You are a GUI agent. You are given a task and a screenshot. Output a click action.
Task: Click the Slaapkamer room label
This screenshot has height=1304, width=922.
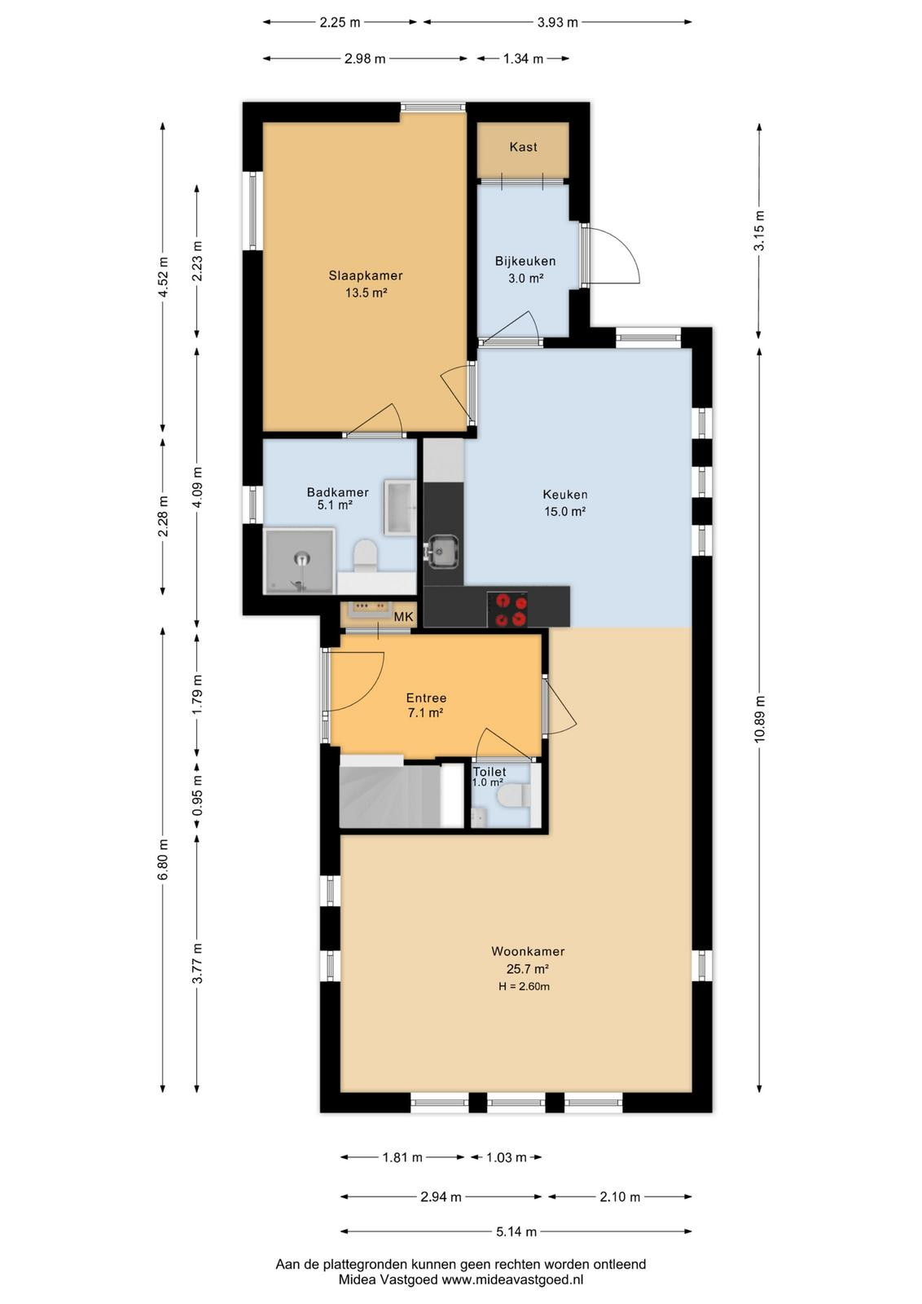coord(366,275)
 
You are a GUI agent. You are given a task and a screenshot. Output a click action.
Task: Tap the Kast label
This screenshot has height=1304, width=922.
coord(523,147)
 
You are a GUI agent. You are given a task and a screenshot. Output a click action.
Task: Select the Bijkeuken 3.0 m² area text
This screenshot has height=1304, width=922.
coord(525,278)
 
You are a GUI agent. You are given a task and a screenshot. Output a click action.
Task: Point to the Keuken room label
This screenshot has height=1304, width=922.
coord(564,494)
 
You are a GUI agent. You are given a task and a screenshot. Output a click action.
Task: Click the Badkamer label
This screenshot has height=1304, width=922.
coord(337,492)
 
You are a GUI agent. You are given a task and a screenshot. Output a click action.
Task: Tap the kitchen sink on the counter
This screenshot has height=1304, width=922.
coord(443,550)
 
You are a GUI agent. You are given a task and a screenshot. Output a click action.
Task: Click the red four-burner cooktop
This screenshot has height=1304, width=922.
coord(507,608)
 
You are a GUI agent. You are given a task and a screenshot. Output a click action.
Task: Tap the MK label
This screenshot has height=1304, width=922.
coord(404,616)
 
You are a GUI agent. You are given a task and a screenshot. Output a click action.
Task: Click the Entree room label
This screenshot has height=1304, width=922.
coord(426,698)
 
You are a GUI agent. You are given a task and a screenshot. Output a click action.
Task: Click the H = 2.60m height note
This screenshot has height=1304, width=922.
coord(524,986)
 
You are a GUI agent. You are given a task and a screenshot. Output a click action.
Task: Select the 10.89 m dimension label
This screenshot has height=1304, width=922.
coord(760,719)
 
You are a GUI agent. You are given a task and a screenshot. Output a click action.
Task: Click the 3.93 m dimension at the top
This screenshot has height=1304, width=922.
coord(556,23)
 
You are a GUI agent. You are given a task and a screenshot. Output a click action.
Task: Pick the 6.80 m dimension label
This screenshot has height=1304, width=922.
coord(163,860)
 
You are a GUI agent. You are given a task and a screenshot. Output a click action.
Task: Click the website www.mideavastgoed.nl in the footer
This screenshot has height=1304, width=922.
coord(511,1280)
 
